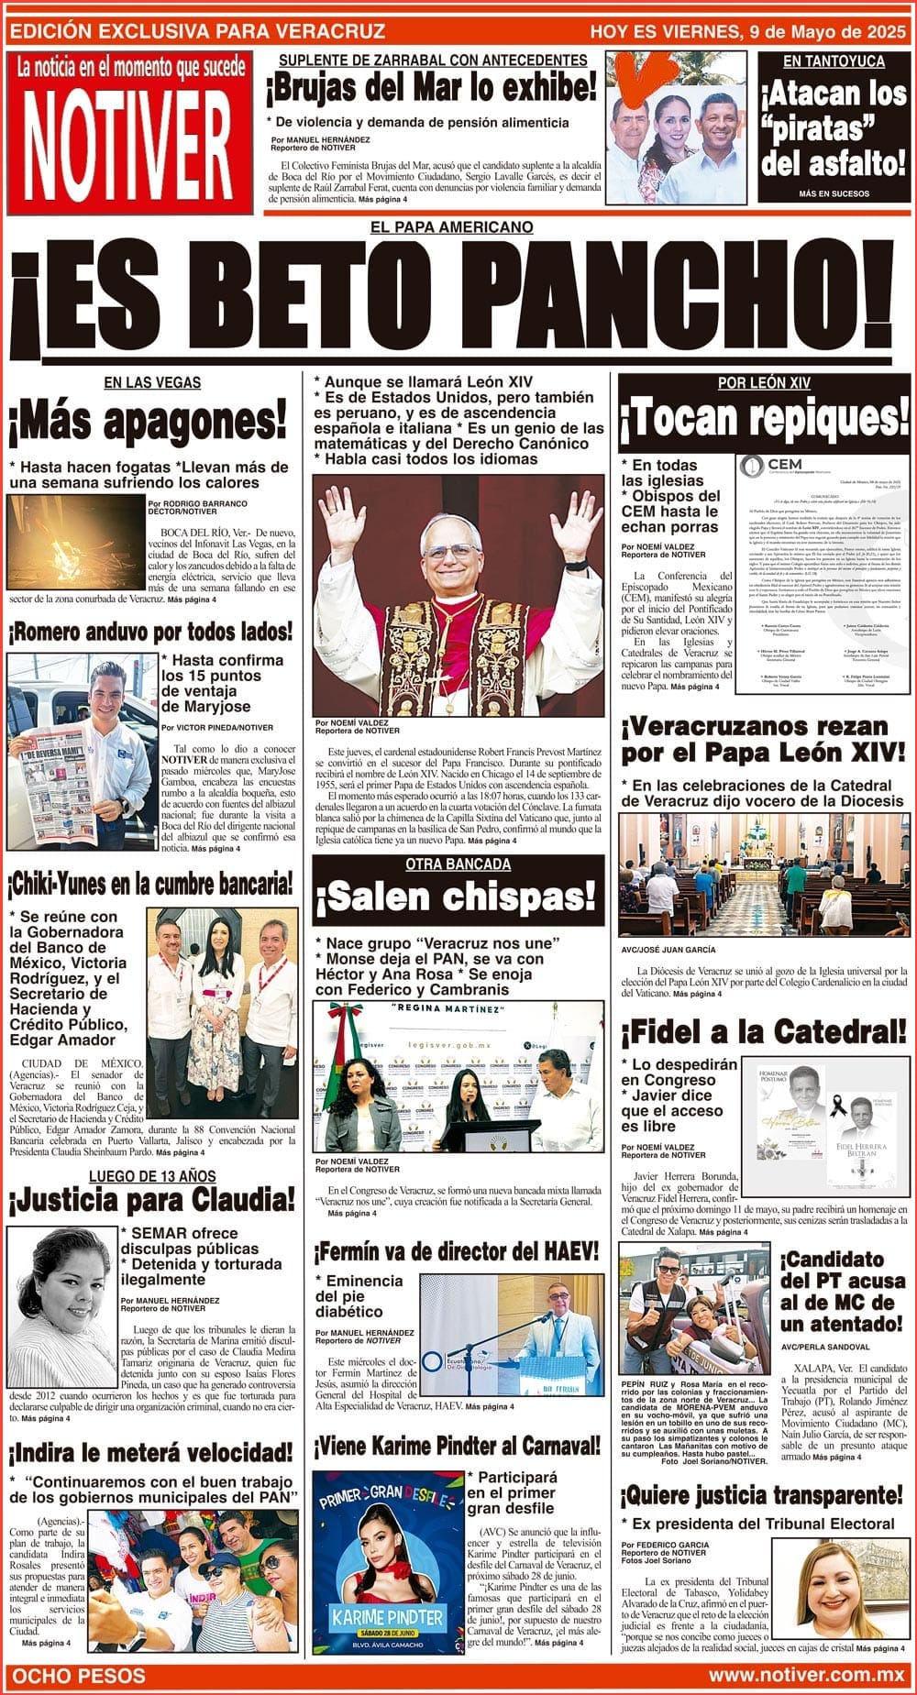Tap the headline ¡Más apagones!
pyautogui.click(x=149, y=423)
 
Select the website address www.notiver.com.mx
pyautogui.click(x=806, y=1675)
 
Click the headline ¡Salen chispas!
pyautogui.click(x=456, y=898)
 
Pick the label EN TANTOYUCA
pyautogui.click(x=833, y=61)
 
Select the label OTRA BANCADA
pyautogui.click(x=458, y=864)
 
